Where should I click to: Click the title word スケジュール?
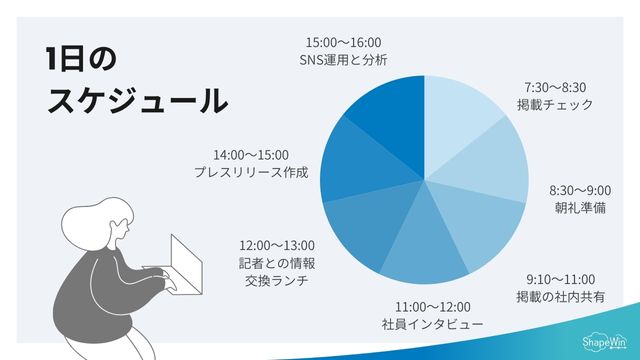coord(137,100)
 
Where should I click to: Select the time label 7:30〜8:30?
coord(555,87)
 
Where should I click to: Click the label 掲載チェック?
coord(555,104)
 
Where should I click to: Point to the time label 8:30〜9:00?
coord(580,190)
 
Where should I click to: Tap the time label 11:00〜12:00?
coord(432,306)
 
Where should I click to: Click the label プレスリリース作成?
coord(251,172)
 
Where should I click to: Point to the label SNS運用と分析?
coord(343,60)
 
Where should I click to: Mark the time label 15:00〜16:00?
coord(343,42)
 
